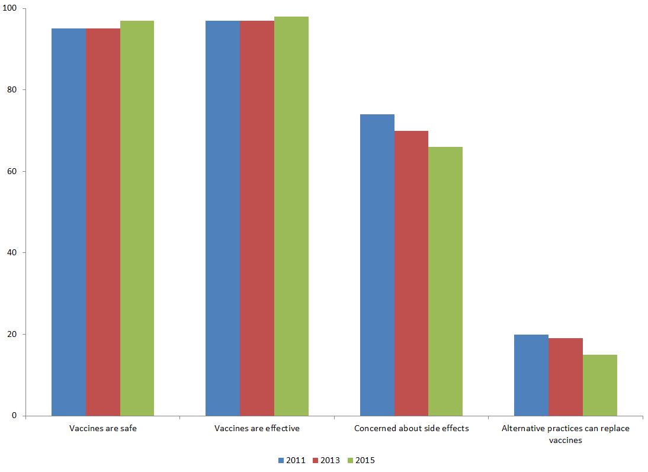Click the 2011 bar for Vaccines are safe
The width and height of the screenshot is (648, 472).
point(69,222)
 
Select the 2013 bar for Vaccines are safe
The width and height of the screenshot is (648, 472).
point(103,222)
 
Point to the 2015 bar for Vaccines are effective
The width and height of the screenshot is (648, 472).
point(291,216)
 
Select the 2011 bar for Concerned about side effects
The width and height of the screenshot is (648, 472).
point(377,265)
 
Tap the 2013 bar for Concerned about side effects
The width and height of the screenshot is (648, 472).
point(411,273)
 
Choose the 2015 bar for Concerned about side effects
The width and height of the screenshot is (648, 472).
point(445,281)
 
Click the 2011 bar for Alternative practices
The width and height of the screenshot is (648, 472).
point(531,375)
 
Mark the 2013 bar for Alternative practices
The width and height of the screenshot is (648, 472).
point(566,377)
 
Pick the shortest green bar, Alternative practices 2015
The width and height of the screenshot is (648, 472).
point(600,385)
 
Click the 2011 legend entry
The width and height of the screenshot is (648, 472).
point(291,460)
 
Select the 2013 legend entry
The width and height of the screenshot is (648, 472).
point(326,460)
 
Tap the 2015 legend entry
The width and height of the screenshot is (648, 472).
point(361,460)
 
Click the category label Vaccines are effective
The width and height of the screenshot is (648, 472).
point(257,428)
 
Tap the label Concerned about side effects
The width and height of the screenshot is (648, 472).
point(411,428)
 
